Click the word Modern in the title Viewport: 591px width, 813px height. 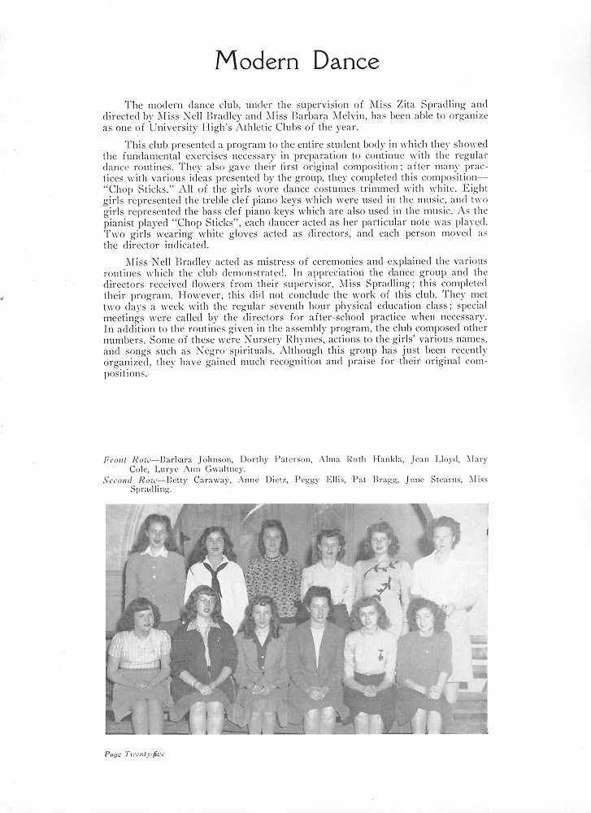point(253,61)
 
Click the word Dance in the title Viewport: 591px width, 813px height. point(341,61)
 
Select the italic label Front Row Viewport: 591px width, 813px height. point(122,459)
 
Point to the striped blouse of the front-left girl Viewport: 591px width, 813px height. point(139,650)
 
